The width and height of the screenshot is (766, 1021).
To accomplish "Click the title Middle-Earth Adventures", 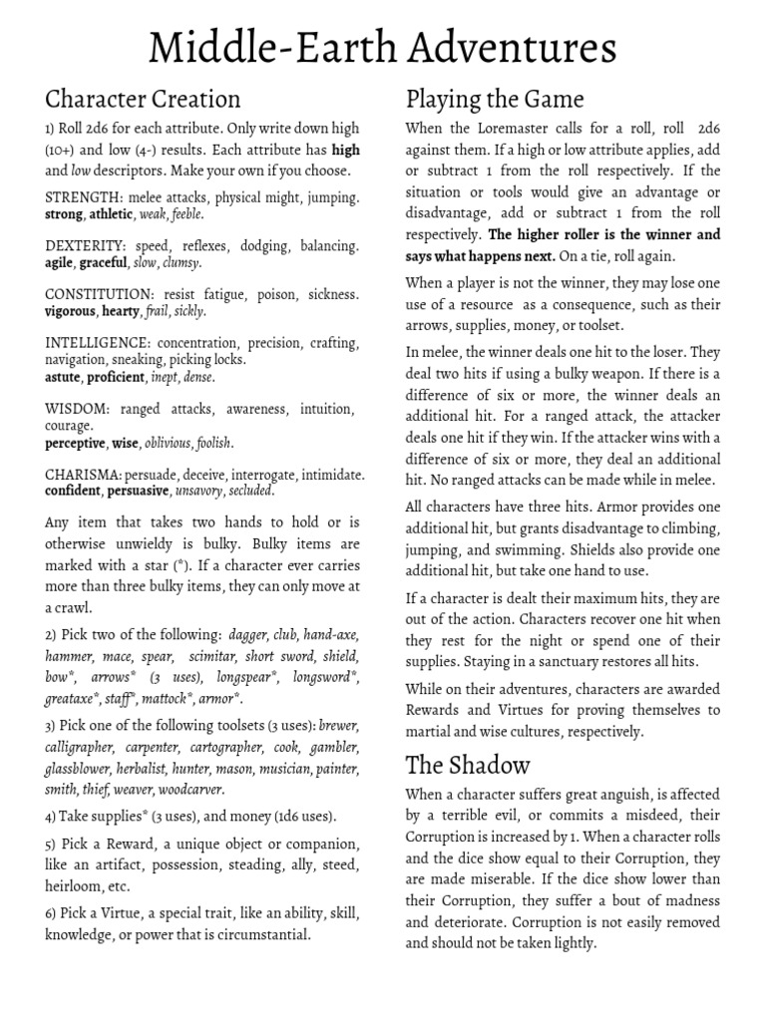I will point(383,47).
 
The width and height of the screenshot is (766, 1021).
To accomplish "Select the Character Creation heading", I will point(143,99).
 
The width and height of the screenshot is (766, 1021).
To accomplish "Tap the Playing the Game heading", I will point(495,99).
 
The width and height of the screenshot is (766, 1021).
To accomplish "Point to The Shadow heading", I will point(468,765).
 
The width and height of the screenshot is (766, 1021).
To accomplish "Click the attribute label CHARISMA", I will point(83,475).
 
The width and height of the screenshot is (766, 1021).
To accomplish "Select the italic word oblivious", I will point(167,443).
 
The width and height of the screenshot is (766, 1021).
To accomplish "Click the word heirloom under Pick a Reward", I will point(75,886).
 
